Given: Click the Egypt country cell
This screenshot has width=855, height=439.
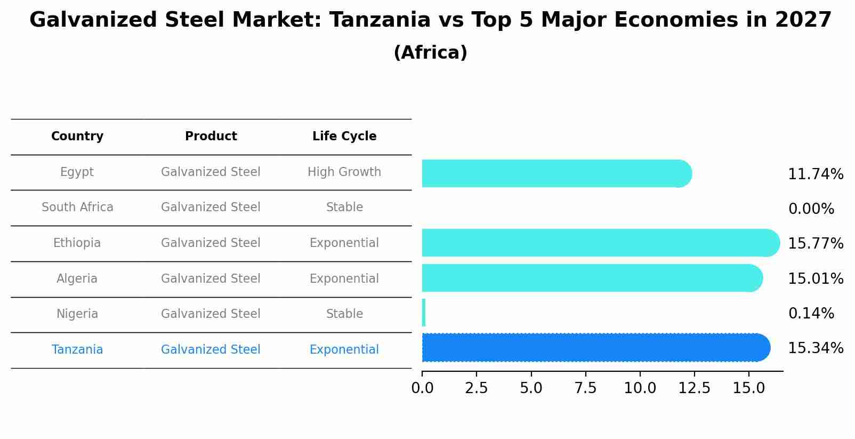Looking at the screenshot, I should point(77,172).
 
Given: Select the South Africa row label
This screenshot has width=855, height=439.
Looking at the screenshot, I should point(77,207).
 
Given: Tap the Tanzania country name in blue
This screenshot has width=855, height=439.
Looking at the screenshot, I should point(77,350).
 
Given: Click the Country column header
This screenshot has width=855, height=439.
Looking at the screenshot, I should point(77,137).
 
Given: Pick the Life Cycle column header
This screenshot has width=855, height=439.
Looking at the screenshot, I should point(344,137).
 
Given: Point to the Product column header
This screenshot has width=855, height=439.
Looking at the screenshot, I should point(211,137).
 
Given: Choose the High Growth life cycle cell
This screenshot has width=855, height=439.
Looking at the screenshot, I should point(344,172).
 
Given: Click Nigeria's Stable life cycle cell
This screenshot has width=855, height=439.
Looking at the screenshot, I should point(344,314).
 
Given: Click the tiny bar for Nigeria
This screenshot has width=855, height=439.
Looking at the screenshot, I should point(424,313).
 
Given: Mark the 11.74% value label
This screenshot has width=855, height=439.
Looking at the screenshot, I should point(816,174).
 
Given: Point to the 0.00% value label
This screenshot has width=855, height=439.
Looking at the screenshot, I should point(811,209).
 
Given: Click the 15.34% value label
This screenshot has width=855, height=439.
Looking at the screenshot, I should point(816,348).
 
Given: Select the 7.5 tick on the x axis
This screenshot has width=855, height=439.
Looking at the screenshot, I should point(585,388).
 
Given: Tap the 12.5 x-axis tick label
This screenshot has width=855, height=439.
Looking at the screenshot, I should point(694,388).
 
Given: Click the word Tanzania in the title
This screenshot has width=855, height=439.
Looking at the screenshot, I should point(380,21).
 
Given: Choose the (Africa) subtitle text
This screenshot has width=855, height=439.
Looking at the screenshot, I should point(430,53).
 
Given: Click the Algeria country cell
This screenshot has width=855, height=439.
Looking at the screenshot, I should point(77,279).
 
